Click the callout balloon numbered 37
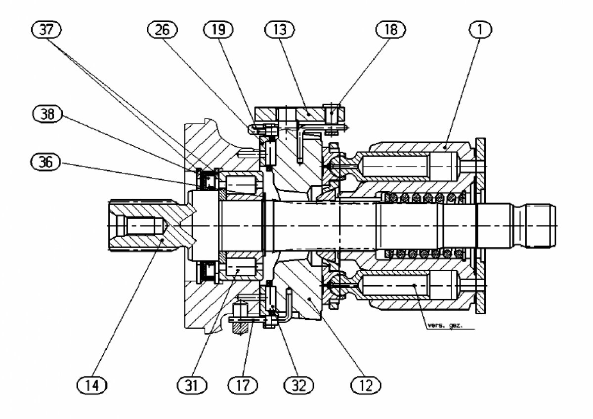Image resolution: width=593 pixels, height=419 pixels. (46, 31)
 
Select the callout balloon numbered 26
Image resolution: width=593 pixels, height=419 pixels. (162, 31)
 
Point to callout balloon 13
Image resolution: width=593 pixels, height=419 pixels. (279, 31)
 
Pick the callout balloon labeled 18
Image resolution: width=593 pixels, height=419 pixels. (390, 31)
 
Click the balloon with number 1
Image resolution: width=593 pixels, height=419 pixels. (477, 31)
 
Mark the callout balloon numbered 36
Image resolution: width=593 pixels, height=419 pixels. (45, 162)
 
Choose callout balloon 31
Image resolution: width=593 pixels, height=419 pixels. (192, 384)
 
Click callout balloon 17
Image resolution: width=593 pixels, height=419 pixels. (243, 384)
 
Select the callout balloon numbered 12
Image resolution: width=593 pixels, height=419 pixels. (366, 384)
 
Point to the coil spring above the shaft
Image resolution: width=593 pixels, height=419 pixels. (425, 198)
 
